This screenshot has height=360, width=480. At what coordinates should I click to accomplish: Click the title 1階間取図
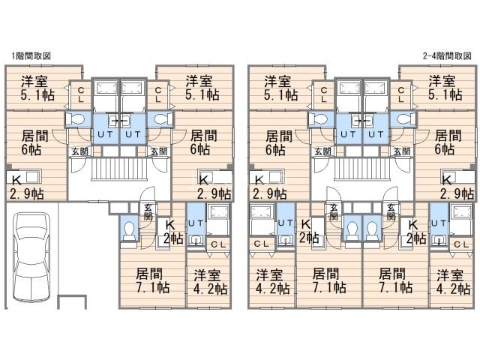point(31,56)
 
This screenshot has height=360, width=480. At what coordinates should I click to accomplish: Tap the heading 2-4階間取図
point(447,56)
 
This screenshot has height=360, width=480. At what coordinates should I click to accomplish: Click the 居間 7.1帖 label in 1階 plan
point(152,280)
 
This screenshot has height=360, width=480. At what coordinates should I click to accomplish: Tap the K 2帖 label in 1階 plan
point(172,232)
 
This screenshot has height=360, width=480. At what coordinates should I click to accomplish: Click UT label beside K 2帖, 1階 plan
point(196,223)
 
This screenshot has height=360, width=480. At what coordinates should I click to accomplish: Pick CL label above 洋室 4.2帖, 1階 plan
point(218,244)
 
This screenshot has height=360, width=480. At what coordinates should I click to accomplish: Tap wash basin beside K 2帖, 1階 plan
point(196,240)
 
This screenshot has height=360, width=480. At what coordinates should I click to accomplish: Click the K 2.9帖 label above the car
point(26,187)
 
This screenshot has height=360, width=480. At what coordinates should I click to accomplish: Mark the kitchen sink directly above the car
point(33,178)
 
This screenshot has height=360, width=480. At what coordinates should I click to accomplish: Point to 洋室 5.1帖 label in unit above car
point(37,88)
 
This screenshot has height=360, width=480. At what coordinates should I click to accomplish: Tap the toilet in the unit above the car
point(75,118)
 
